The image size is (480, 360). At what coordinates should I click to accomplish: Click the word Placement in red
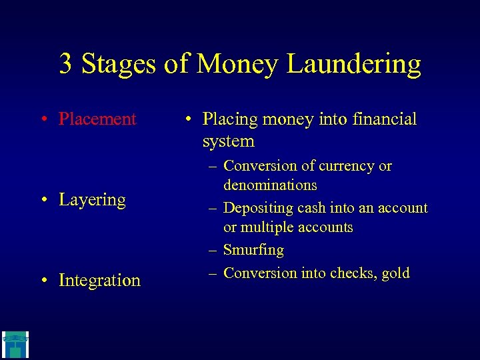click(97, 119)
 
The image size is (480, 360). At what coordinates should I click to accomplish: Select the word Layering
click(92, 200)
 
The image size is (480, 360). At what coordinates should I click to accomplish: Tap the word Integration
click(99, 281)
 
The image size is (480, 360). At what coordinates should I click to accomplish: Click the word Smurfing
click(253, 250)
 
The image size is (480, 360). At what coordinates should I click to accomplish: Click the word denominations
click(270, 185)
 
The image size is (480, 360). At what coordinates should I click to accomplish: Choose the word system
click(229, 141)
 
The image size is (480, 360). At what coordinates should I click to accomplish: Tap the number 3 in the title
click(66, 64)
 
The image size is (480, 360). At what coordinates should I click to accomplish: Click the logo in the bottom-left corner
click(14, 344)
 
